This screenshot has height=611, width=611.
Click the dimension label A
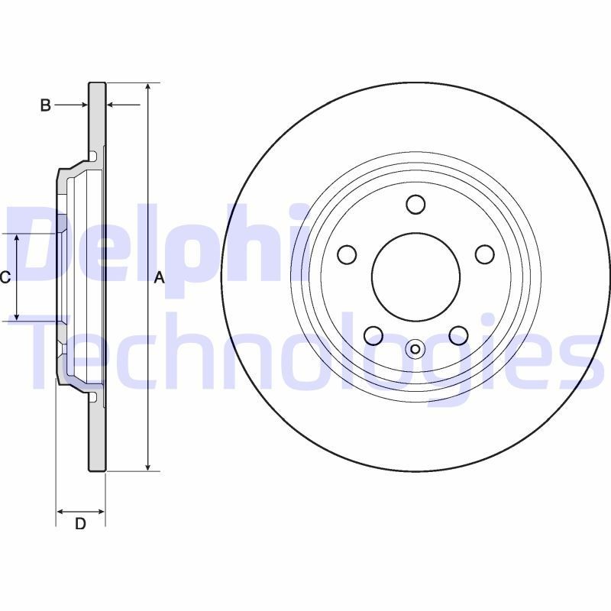coord(160,279)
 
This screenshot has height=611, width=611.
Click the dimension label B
coord(45,105)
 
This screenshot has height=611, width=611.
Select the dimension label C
coord(5,278)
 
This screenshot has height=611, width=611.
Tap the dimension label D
coord(79,524)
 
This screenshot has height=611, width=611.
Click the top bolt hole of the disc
coord(415,204)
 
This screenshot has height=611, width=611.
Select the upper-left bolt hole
coord(348,254)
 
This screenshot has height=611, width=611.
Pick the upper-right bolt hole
coord(484,254)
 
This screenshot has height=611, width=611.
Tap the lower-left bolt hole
coord(373,335)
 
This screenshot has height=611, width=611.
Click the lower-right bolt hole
coord(458,335)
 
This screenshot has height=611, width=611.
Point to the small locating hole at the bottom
coord(415,350)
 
